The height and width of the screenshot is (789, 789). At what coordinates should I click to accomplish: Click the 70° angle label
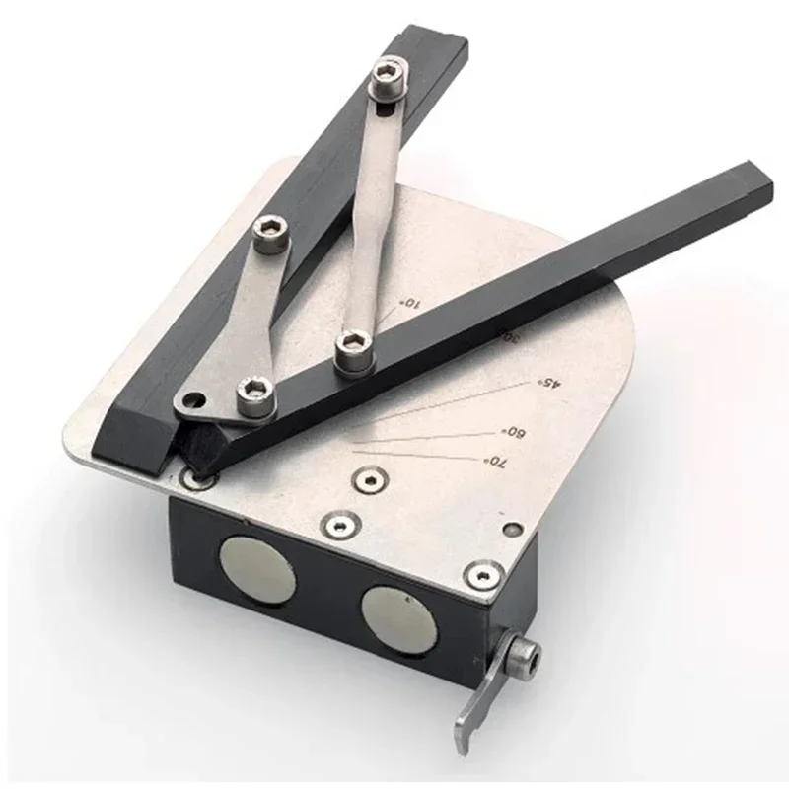click(x=494, y=462)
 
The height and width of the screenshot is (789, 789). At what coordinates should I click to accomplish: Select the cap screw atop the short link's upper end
click(x=269, y=235)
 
